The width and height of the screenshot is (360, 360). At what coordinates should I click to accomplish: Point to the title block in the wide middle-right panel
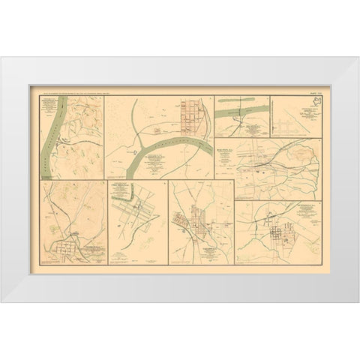pyautogui.click(x=244, y=145)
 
